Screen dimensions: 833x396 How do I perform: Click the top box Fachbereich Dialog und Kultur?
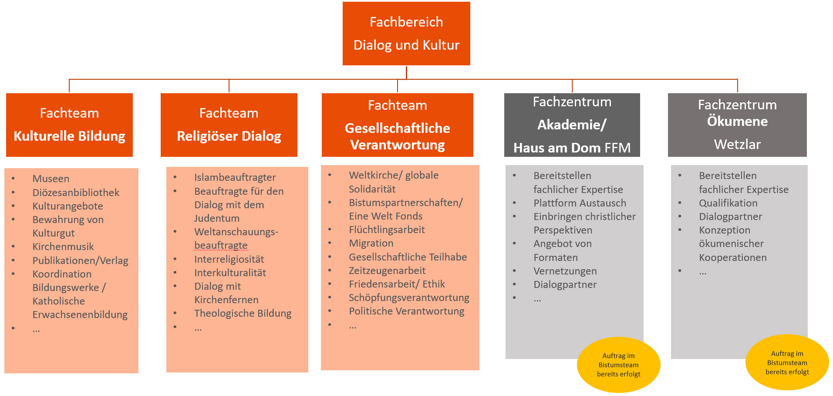(406, 34)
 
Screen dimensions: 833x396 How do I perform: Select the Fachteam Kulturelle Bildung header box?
(69, 125)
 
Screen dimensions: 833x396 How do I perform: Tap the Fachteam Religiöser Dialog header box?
(229, 125)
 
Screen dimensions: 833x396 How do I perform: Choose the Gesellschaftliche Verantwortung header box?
(398, 125)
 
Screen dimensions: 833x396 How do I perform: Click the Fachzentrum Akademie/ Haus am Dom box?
(572, 125)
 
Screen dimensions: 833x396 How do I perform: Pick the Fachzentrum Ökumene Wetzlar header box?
(737, 125)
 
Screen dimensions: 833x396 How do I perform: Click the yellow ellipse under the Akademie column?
(619, 365)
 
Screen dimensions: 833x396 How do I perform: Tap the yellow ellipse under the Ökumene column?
(787, 362)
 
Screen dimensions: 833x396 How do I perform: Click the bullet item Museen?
(51, 179)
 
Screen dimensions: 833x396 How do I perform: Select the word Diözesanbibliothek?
(76, 193)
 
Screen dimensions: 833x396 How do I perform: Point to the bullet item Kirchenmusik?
(63, 247)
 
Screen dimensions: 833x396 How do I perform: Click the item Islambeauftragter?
(235, 177)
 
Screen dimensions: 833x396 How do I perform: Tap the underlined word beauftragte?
(221, 245)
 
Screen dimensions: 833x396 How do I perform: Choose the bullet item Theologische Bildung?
(243, 313)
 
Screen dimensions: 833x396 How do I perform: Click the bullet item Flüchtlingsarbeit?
(387, 230)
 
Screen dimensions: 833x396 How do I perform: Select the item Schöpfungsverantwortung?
(409, 298)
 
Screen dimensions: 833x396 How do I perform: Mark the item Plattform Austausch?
(580, 203)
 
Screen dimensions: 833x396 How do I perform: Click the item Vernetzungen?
(565, 271)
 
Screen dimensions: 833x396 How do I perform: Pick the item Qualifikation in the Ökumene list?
(728, 203)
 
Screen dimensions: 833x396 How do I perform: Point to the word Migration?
(371, 243)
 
